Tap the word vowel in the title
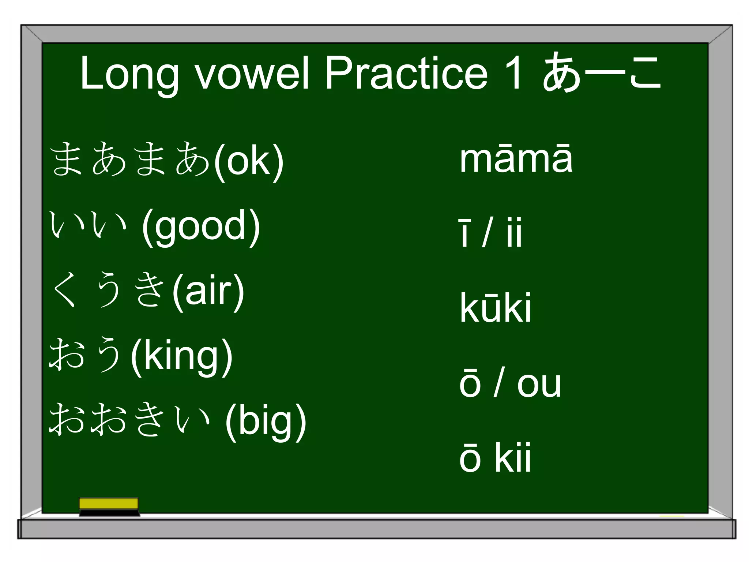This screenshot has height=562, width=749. (x=252, y=73)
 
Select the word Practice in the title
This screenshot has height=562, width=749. (x=406, y=73)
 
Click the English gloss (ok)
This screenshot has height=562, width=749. (x=249, y=161)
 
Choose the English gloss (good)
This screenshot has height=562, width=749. (x=201, y=227)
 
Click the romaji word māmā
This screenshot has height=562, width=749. (x=516, y=159)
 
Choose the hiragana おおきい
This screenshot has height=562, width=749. (x=130, y=419)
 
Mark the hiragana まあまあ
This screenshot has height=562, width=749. (x=130, y=159)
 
